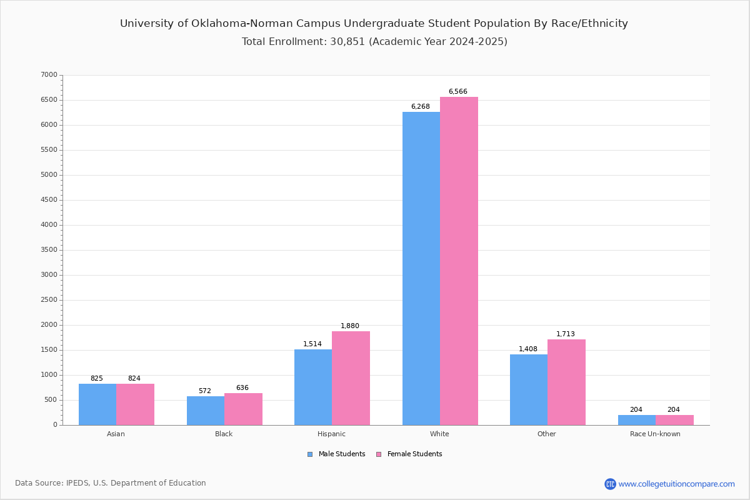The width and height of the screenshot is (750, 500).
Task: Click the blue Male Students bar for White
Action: click(x=421, y=269)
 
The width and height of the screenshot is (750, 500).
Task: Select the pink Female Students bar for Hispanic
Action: click(x=351, y=378)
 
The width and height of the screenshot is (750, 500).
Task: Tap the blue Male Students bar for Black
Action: click(x=206, y=411)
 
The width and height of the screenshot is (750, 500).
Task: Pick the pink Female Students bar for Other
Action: click(x=566, y=382)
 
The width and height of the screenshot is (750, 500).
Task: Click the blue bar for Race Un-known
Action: click(x=637, y=420)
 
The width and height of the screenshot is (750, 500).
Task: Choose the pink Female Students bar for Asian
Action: click(x=135, y=404)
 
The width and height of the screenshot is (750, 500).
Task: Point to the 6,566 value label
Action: click(x=457, y=91)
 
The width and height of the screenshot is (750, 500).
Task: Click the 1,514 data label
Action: click(x=312, y=344)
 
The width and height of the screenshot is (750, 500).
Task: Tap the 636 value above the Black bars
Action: click(x=242, y=387)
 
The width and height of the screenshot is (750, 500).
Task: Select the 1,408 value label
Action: click(x=528, y=349)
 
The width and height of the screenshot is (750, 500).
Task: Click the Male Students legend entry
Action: click(x=336, y=454)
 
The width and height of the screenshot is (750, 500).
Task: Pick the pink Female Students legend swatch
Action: click(x=379, y=454)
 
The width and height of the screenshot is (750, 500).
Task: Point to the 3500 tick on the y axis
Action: click(x=49, y=250)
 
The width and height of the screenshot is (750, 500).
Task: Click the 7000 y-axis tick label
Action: click(x=49, y=74)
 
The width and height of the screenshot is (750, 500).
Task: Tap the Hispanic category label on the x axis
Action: click(x=331, y=434)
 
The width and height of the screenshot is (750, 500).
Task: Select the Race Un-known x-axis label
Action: click(x=655, y=434)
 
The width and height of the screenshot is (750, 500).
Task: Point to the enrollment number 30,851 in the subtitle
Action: click(x=347, y=42)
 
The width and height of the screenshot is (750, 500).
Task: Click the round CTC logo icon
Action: click(x=610, y=484)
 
